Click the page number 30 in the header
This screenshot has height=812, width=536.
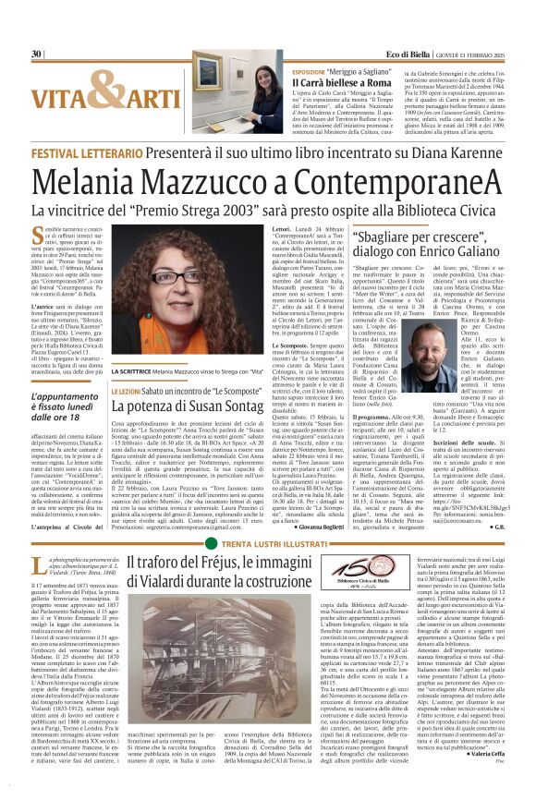tap(37, 55)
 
